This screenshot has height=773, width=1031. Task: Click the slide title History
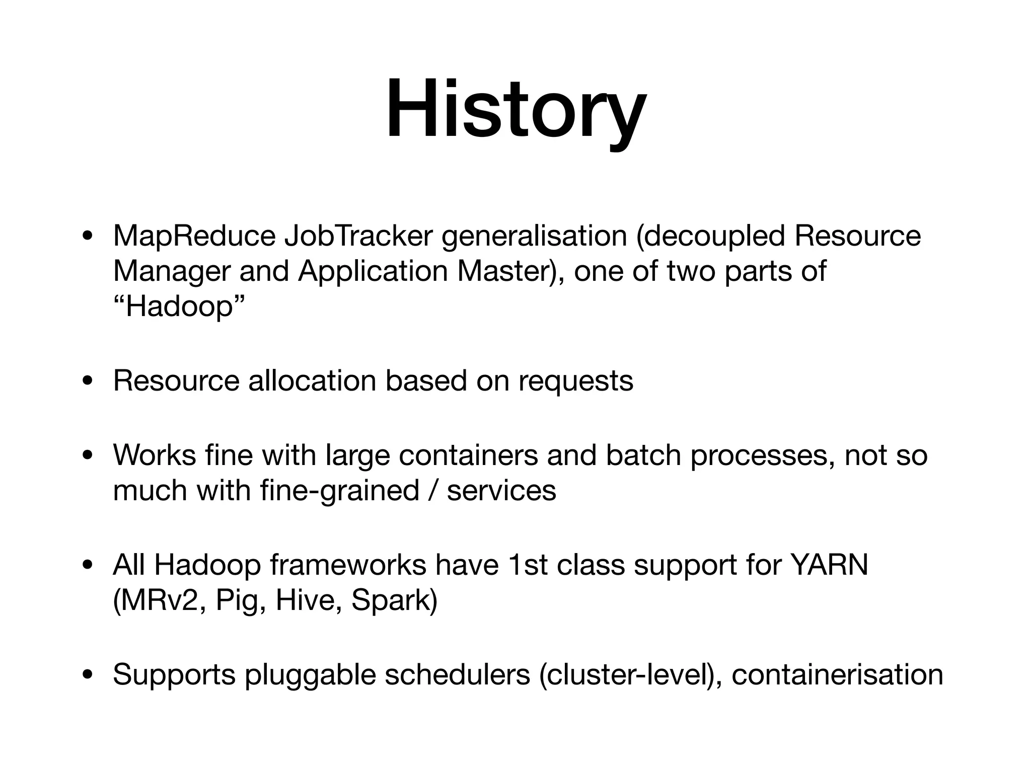515,110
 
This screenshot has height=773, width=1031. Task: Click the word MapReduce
194,236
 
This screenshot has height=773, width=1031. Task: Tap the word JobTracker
358,236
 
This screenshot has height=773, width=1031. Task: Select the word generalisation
534,236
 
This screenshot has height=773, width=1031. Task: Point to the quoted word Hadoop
179,306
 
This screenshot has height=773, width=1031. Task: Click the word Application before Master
373,271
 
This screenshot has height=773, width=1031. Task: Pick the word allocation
312,380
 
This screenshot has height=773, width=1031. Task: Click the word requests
575,381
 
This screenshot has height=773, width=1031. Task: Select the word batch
643,455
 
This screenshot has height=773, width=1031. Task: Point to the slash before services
433,491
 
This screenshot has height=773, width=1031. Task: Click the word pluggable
310,675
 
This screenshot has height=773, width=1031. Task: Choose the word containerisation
837,674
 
